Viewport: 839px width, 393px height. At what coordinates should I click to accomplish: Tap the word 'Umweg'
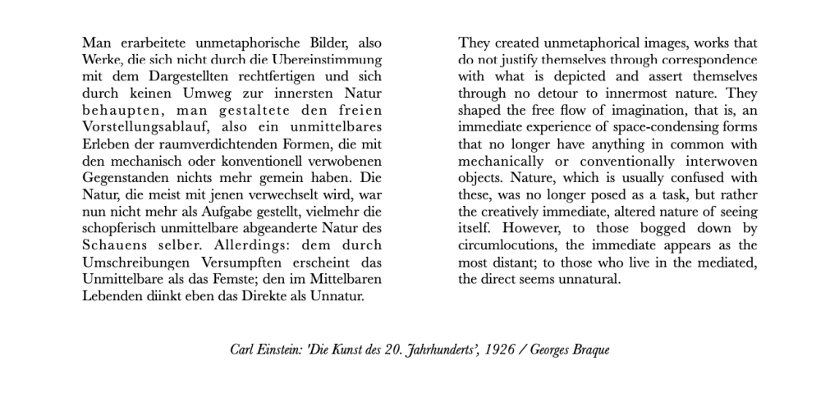coord(213,94)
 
